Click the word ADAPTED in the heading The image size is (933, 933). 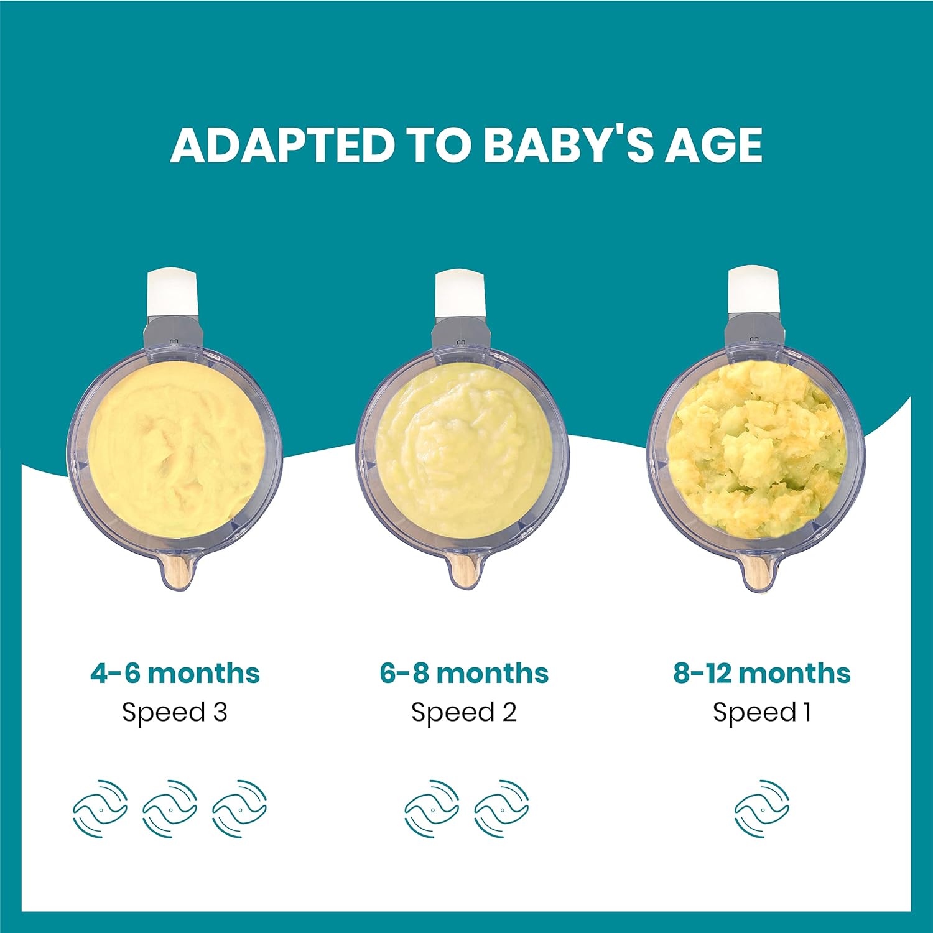tap(283, 145)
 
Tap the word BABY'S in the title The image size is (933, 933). tap(568, 145)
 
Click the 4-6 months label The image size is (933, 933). tap(175, 673)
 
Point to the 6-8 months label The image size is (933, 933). tap(464, 673)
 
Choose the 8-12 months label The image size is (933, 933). tap(761, 673)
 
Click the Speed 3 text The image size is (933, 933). tap(175, 712)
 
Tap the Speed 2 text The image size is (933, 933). tap(464, 712)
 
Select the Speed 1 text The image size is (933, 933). tap(761, 712)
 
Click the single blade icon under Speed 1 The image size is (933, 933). tap(761, 809)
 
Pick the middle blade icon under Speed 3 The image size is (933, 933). tap(170, 809)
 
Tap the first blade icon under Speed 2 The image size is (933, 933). tap(432, 809)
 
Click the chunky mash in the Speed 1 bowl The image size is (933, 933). tap(756, 451)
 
